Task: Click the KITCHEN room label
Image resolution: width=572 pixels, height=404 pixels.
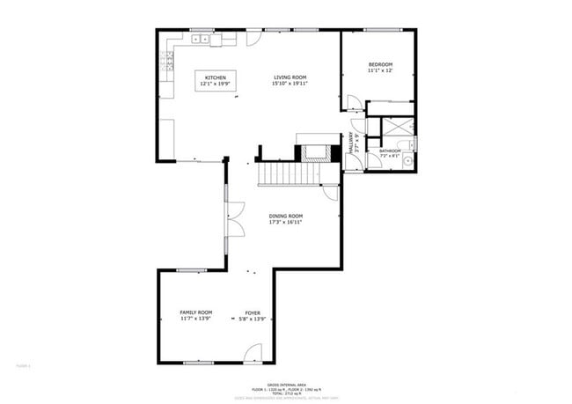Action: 216,78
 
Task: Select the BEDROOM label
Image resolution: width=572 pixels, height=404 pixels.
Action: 380,64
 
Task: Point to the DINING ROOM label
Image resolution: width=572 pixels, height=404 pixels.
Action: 286,216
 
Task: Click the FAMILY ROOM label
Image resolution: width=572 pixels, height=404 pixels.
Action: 196,312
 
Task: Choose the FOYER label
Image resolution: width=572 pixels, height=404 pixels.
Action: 253,312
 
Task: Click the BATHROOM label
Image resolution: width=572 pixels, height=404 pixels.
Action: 390,151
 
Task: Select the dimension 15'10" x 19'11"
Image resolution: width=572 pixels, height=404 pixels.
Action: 289,84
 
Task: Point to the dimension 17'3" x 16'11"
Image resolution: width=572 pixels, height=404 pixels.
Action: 286,222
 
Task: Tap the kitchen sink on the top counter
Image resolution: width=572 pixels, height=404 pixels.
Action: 201,39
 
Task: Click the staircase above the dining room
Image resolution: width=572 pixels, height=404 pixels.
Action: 285,173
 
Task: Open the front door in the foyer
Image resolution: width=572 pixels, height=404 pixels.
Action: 253,354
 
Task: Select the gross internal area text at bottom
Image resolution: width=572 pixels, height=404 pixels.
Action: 286,383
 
